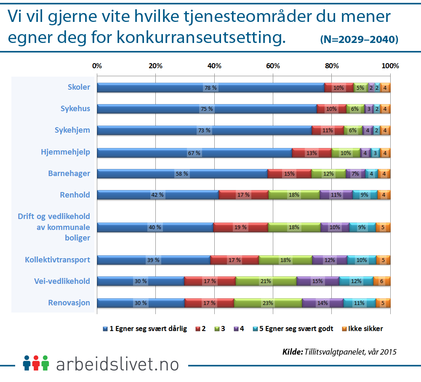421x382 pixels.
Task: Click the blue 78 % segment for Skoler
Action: (210, 88)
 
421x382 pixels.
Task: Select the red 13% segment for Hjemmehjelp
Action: (312, 152)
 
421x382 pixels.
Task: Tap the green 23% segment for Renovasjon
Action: (268, 303)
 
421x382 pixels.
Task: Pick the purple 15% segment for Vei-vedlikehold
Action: (318, 281)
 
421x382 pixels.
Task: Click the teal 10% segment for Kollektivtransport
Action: (362, 260)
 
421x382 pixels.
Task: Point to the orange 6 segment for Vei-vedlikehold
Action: (382, 281)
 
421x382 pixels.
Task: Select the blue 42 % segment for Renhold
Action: (158, 195)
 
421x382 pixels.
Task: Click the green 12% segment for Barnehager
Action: (328, 174)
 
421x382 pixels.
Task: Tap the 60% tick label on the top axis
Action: (273, 66)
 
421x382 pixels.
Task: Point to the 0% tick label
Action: (97, 66)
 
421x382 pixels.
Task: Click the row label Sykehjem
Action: (72, 130)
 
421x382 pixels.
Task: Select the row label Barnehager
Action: (69, 173)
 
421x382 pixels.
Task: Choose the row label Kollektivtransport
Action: (57, 259)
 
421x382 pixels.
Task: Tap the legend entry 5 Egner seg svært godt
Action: (293, 329)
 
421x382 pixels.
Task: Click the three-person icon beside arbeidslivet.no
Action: (36, 363)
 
